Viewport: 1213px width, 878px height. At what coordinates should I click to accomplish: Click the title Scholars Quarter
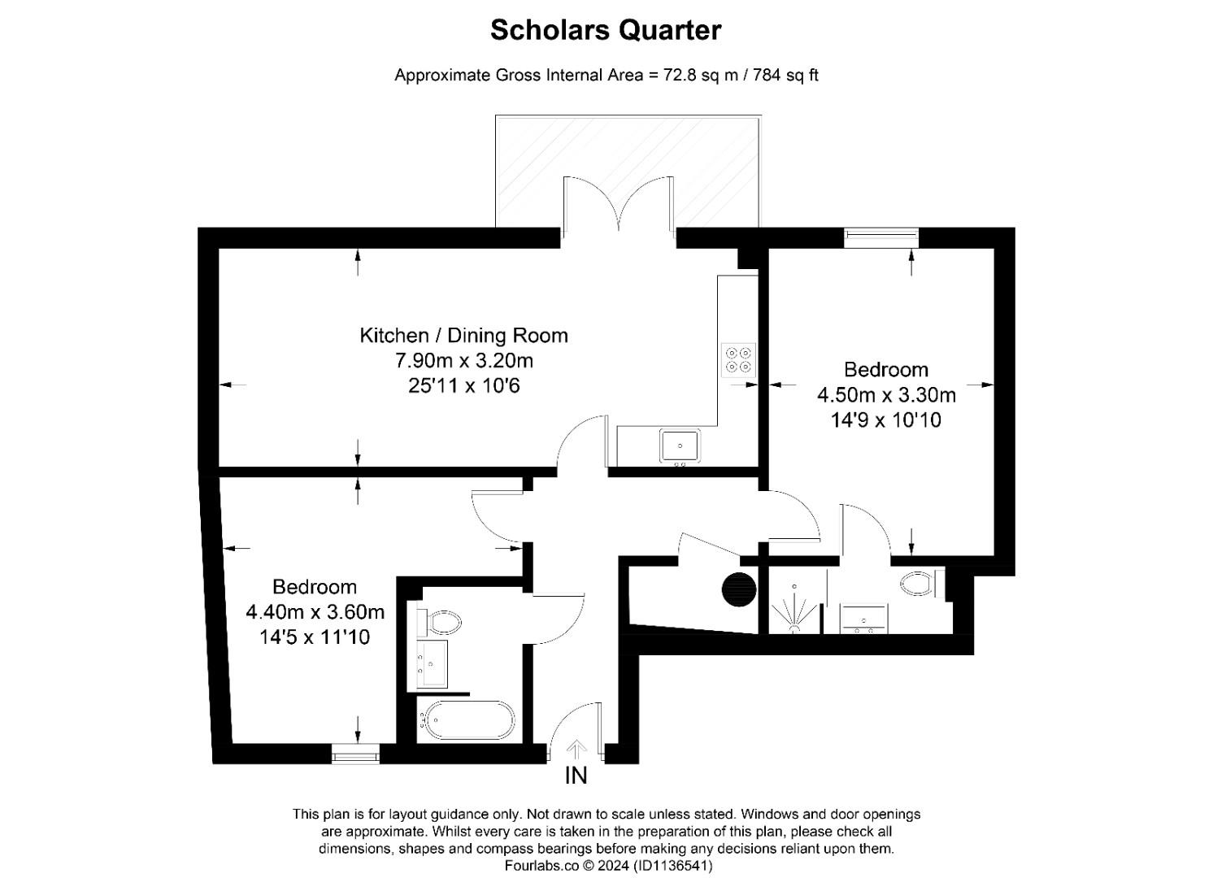point(606,30)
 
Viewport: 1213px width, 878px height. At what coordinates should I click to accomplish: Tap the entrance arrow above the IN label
point(576,748)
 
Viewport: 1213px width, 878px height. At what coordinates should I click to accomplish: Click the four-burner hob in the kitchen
point(739,359)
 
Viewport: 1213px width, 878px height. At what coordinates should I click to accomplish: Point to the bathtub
point(466,719)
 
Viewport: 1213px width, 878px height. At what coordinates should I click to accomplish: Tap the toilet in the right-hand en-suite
point(920,584)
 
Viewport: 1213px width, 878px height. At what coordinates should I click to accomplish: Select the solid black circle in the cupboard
point(739,589)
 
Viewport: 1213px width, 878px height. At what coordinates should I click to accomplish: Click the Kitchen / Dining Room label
point(463,335)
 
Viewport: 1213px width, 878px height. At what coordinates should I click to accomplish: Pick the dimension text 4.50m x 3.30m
point(886,395)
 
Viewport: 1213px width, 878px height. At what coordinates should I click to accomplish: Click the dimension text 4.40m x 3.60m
point(315,611)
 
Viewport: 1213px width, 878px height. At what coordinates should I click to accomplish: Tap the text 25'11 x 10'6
point(463,385)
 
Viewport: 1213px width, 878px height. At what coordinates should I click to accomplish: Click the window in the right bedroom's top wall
point(881,237)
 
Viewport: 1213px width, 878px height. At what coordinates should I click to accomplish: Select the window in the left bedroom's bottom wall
point(355,755)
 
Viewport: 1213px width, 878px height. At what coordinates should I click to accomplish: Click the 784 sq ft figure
point(785,76)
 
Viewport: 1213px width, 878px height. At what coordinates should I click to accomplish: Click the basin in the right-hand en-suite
point(863,619)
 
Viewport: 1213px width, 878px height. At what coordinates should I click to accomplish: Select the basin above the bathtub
point(433,663)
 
